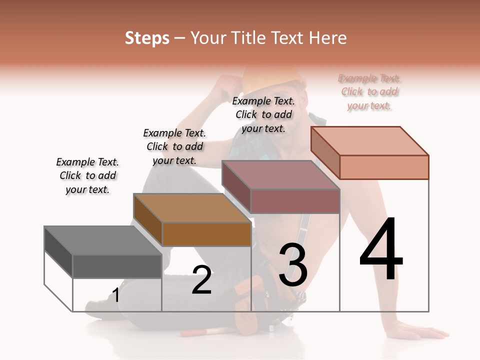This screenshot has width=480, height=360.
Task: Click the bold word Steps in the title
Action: tap(147, 38)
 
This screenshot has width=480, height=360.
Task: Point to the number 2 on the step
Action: tap(201, 280)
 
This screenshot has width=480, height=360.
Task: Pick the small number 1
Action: tap(116, 295)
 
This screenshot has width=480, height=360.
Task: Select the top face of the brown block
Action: tap(192, 207)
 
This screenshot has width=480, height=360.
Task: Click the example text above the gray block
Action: tap(87, 175)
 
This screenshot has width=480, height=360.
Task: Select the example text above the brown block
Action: tap(174, 146)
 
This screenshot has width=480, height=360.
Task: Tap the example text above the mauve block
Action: tap(263, 114)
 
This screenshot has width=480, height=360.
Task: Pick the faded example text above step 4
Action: tap(369, 91)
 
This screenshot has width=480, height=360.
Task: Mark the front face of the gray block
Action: tap(117, 266)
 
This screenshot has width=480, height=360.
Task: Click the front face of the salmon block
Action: tap(384, 167)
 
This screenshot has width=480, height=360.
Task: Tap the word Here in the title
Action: tap(328, 38)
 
